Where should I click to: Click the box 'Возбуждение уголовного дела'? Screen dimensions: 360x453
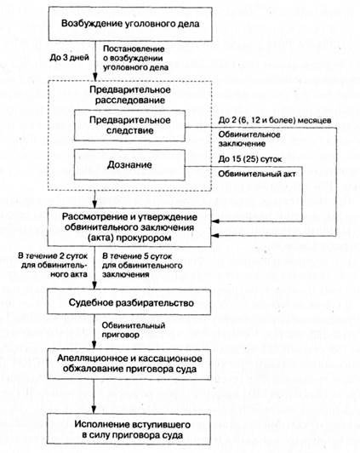coord(130,24)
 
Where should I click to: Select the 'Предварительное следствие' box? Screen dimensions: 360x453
coord(129,125)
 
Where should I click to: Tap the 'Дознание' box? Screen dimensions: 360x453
coord(129,165)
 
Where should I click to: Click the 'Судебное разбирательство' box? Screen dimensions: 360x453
coord(129,302)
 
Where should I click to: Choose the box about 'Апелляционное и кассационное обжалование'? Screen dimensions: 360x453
coord(129,364)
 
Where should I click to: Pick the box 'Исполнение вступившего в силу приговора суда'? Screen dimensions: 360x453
coord(129,429)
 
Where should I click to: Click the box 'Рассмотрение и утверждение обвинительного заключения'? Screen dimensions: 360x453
coord(129,227)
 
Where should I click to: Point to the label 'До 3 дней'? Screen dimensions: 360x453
coord(69,58)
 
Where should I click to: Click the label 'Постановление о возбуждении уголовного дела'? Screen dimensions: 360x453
coord(135,58)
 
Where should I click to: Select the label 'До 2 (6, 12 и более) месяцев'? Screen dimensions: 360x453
coord(275,120)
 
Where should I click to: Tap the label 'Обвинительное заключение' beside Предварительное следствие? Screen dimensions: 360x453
coord(249,139)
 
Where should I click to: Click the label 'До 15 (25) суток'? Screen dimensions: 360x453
coord(250,159)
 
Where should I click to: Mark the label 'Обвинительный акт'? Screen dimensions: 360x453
coord(257,174)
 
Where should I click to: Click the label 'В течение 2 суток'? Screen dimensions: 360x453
coord(53,255)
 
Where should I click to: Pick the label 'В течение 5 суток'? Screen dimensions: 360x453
coord(137,256)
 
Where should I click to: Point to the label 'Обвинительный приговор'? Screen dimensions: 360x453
coord(134,330)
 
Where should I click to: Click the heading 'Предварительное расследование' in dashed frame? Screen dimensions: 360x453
coord(130,95)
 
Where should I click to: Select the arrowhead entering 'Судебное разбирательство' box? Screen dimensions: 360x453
coord(94,285)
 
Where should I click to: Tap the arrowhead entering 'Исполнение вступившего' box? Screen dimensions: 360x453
coord(94,410)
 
